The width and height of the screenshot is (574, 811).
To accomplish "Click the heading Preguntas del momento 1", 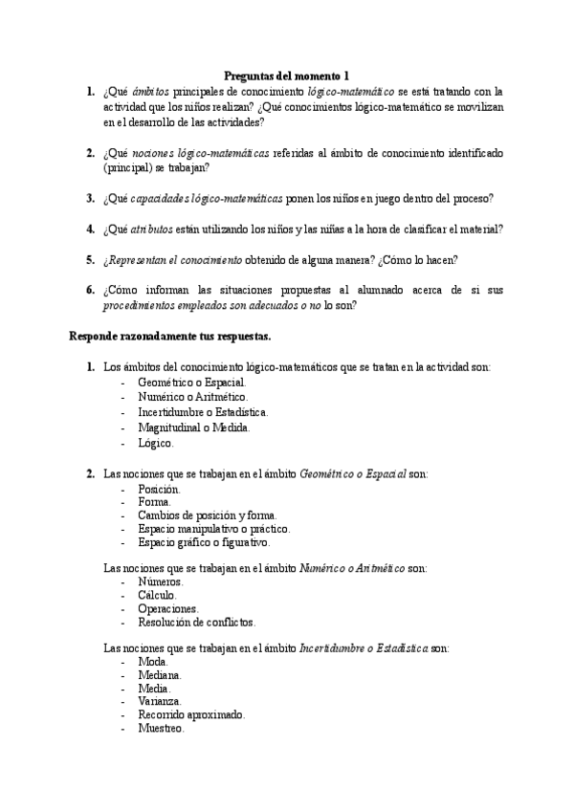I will click(286, 76).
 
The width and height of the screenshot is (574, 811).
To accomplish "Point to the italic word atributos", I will click(151, 230).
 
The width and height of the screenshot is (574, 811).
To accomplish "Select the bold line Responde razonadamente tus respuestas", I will click(169, 336).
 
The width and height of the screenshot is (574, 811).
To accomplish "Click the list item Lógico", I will click(156, 443).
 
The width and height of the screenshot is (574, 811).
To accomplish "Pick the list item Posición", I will click(159, 489).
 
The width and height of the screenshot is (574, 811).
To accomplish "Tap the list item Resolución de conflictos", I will click(196, 622).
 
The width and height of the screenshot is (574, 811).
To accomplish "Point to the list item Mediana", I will click(159, 674).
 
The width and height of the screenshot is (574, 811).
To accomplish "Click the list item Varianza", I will click(160, 701).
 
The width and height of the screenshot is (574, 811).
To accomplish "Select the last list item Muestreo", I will click(161, 728).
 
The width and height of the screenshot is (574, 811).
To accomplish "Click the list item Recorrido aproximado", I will click(191, 714).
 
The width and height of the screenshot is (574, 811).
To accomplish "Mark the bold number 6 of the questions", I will click(90, 290).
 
